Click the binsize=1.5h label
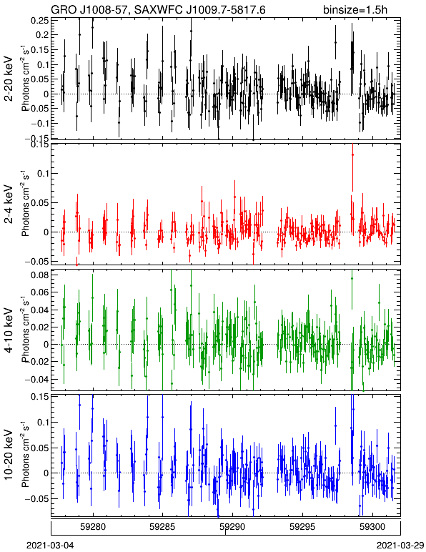click(x=355, y=9)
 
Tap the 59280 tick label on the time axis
click(x=93, y=527)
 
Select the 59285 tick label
click(x=162, y=527)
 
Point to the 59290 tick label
click(x=232, y=527)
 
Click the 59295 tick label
click(x=302, y=527)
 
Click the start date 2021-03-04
click(x=50, y=545)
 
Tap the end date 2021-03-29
click(x=400, y=545)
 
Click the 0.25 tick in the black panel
click(x=39, y=20)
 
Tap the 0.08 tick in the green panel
click(x=39, y=275)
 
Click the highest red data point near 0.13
click(x=352, y=155)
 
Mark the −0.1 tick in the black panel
click(x=39, y=124)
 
